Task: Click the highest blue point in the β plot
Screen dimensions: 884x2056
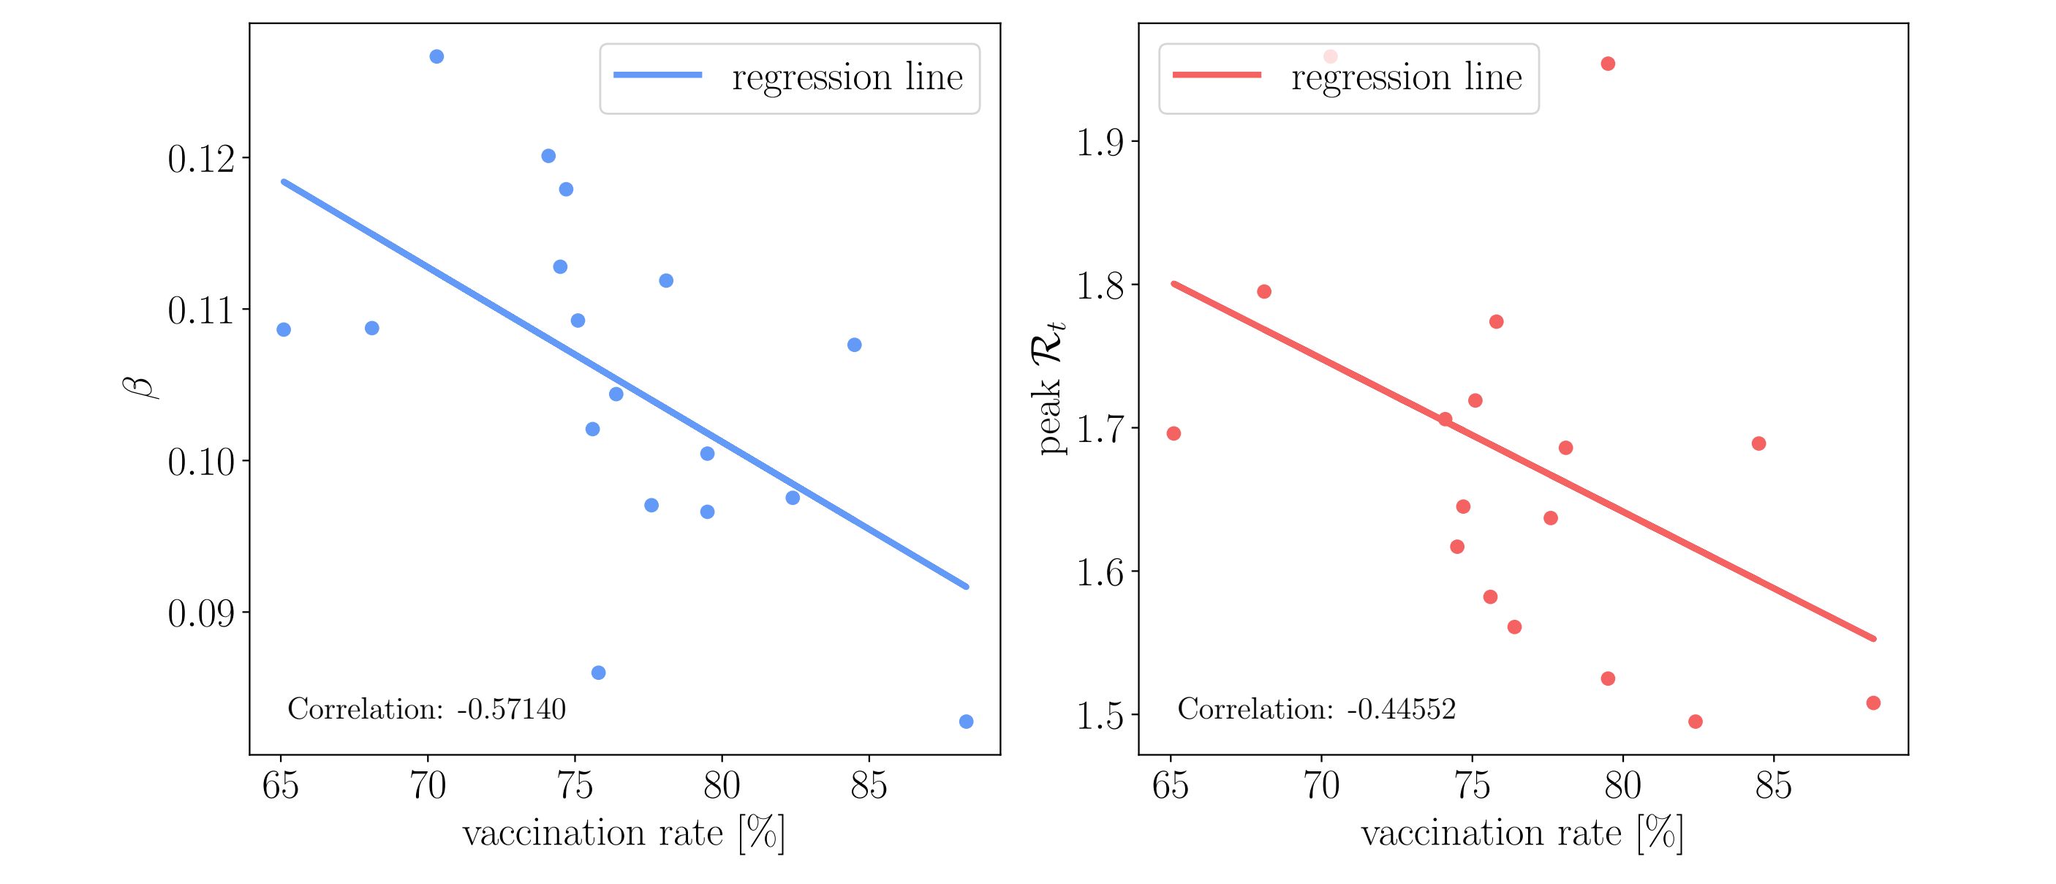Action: pos(436,56)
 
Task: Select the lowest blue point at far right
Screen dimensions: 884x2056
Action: pos(966,722)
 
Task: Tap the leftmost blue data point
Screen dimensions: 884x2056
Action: pos(284,330)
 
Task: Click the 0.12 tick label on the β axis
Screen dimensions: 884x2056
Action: pos(202,159)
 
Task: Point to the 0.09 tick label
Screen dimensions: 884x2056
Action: pos(202,614)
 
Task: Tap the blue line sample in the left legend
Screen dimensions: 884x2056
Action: pos(657,75)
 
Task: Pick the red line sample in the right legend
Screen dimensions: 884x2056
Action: pos(1217,75)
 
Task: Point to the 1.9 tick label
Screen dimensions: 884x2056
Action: pos(1099,143)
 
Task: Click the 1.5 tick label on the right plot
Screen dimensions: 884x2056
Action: pos(1099,716)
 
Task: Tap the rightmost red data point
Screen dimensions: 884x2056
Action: pos(1873,703)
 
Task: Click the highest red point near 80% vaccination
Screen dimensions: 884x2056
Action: pos(1609,64)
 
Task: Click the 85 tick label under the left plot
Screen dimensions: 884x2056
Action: pos(869,787)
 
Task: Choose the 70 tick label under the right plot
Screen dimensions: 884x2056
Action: pos(1322,787)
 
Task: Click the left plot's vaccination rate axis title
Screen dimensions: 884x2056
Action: pos(624,834)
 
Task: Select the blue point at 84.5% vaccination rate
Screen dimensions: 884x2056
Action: pos(854,345)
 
